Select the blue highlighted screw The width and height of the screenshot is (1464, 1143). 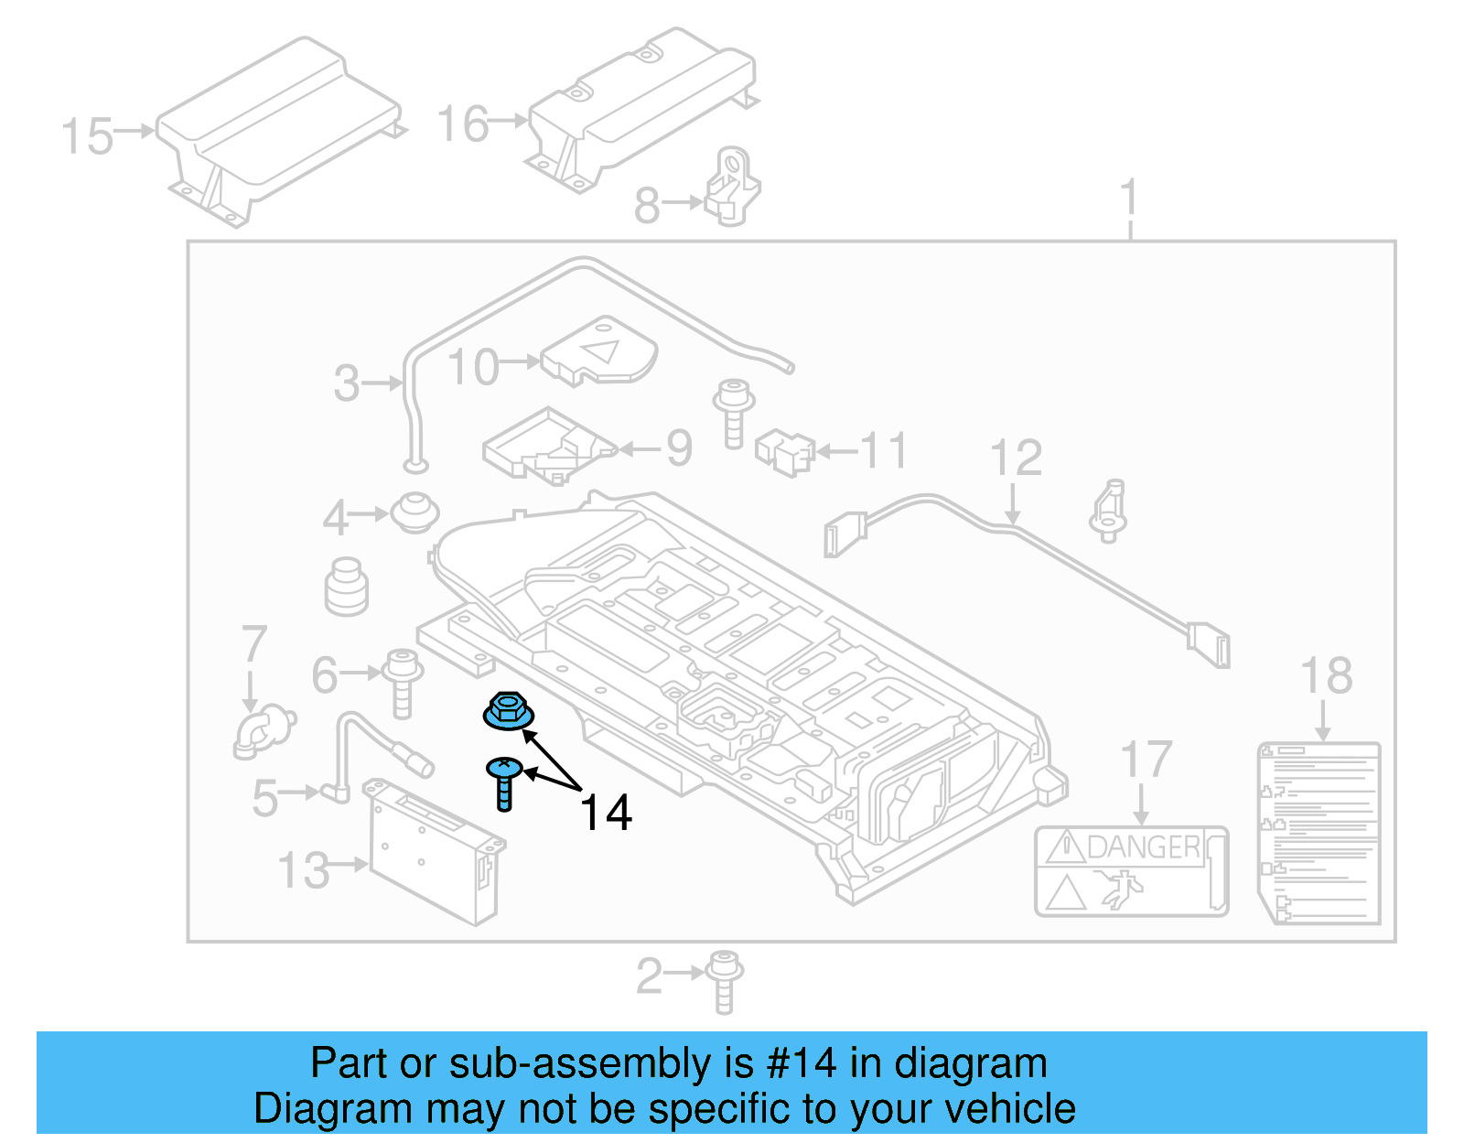click(x=504, y=782)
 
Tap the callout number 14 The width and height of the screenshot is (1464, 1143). click(x=606, y=813)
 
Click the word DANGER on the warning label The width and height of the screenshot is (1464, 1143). click(x=1143, y=847)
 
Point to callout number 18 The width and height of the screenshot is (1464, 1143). click(x=1326, y=676)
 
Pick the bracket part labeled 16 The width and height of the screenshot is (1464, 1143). click(x=640, y=110)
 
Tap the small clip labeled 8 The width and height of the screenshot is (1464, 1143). click(x=732, y=188)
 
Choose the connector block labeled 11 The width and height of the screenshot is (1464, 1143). click(x=785, y=451)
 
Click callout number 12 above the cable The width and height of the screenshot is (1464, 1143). click(x=1016, y=458)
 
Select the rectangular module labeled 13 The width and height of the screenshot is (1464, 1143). click(x=435, y=851)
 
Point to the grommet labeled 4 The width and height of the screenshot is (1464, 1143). click(x=414, y=512)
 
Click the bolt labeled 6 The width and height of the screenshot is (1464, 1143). click(x=402, y=681)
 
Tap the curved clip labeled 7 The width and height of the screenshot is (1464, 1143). click(x=264, y=732)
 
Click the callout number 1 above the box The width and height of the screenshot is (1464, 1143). click(x=1130, y=197)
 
